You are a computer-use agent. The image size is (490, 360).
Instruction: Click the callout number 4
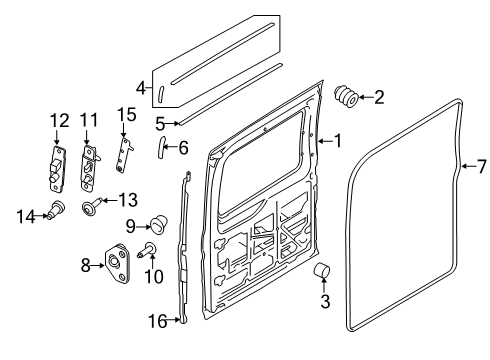142,86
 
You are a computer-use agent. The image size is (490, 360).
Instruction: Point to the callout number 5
160,123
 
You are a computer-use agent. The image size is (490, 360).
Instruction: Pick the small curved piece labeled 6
160,148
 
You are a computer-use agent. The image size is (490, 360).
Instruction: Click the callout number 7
480,166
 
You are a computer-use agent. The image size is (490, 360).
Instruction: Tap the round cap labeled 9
156,222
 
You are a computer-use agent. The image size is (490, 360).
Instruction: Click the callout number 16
157,320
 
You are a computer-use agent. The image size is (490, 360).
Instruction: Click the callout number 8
86,264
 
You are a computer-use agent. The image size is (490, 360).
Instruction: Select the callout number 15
125,114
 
